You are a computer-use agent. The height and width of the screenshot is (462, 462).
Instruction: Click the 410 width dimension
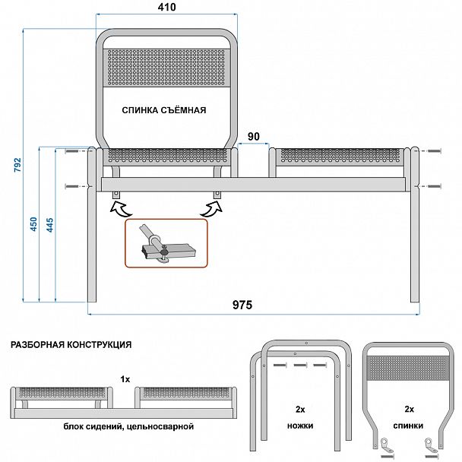pos(167,8)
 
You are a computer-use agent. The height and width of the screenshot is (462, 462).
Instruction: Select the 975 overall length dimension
pos(242,305)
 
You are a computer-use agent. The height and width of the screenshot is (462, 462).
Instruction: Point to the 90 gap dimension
pos(253,137)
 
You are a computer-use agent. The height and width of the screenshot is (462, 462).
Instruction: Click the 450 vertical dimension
pos(33,226)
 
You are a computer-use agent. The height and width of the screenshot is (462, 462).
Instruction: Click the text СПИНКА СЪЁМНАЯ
pos(164,110)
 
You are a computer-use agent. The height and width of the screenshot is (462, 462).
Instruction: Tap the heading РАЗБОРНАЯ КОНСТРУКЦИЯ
pos(71,344)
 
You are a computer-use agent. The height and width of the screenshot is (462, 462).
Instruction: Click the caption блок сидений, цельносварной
pos(128,427)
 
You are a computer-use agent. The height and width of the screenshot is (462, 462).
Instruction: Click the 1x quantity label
pos(125,378)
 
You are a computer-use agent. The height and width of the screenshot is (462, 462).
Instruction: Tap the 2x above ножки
pos(301,408)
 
